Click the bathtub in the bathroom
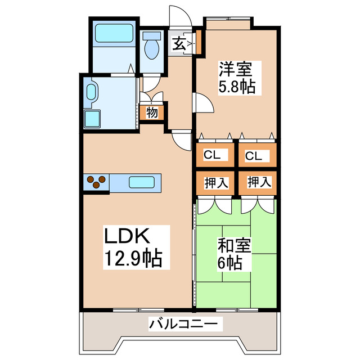pos(114,34)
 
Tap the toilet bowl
pos(151,48)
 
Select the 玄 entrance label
pos(178,44)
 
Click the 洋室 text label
pos(236,71)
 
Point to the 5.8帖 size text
pos(236,87)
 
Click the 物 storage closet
pos(151,112)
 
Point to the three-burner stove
pos(97,182)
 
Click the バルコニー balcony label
pos(178,325)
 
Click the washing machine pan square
pos(92,119)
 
